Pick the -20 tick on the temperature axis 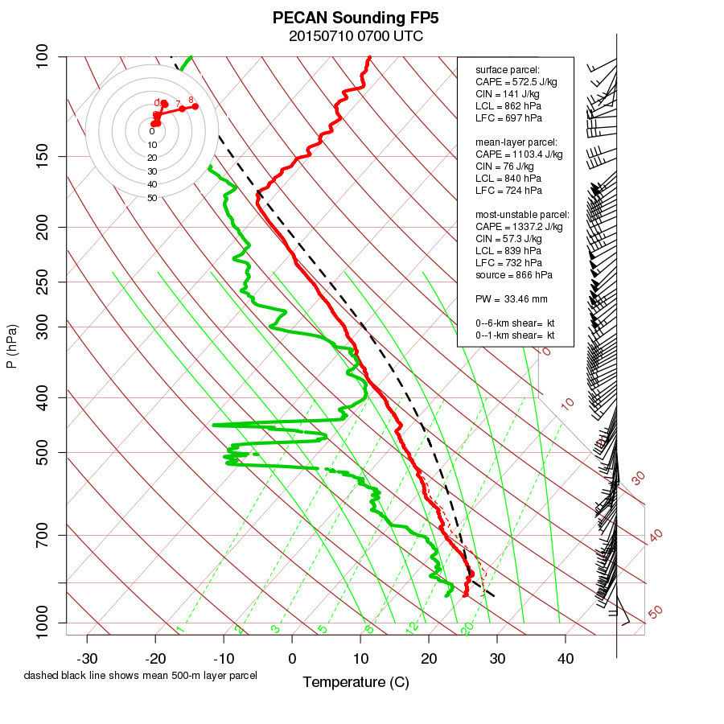pyautogui.click(x=155, y=660)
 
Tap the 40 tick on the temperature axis pyautogui.click(x=565, y=660)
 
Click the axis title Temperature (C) pyautogui.click(x=356, y=683)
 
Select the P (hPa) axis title pyautogui.click(x=11, y=346)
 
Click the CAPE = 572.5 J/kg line pyautogui.click(x=516, y=82)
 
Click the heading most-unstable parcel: pyautogui.click(x=522, y=215)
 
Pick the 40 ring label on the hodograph pyautogui.click(x=152, y=184)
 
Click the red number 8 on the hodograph pyautogui.click(x=191, y=100)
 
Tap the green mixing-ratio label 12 pyautogui.click(x=413, y=627)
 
